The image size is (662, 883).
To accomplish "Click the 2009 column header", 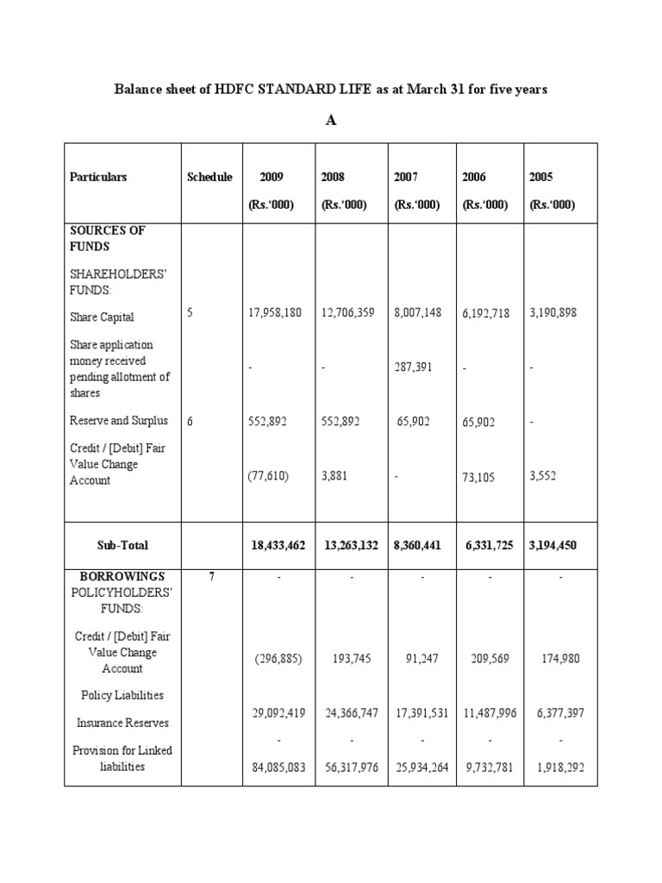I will pyautogui.click(x=272, y=177).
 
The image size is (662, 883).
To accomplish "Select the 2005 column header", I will pyautogui.click(x=541, y=177).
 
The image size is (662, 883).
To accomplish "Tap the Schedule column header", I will pyautogui.click(x=209, y=177).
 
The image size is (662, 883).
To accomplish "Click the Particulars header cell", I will pyautogui.click(x=98, y=177).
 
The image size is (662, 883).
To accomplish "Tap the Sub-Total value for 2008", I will pyautogui.click(x=349, y=545).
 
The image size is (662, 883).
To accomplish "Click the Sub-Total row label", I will pyautogui.click(x=122, y=545).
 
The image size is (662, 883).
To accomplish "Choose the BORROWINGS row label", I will pyautogui.click(x=122, y=576).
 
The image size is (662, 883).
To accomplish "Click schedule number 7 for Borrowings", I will pyautogui.click(x=211, y=576).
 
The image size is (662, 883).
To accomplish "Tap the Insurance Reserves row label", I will pyautogui.click(x=122, y=723).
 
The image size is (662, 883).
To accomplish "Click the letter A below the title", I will pyautogui.click(x=330, y=121).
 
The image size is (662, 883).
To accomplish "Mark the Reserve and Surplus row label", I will pyautogui.click(x=119, y=421).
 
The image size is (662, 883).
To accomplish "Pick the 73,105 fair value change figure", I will pyautogui.click(x=478, y=476).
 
